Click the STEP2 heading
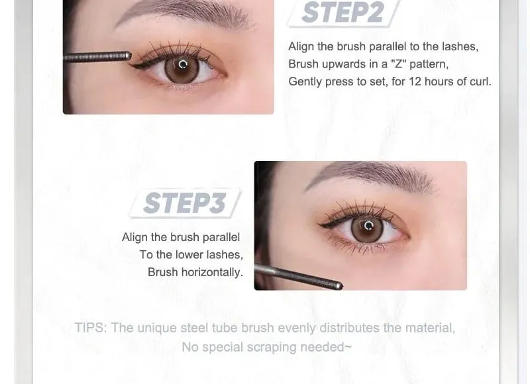[x=343, y=13]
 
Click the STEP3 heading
[x=184, y=203]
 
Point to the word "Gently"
[x=305, y=81]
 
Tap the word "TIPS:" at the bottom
[x=91, y=328]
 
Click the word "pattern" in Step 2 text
[x=430, y=64]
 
